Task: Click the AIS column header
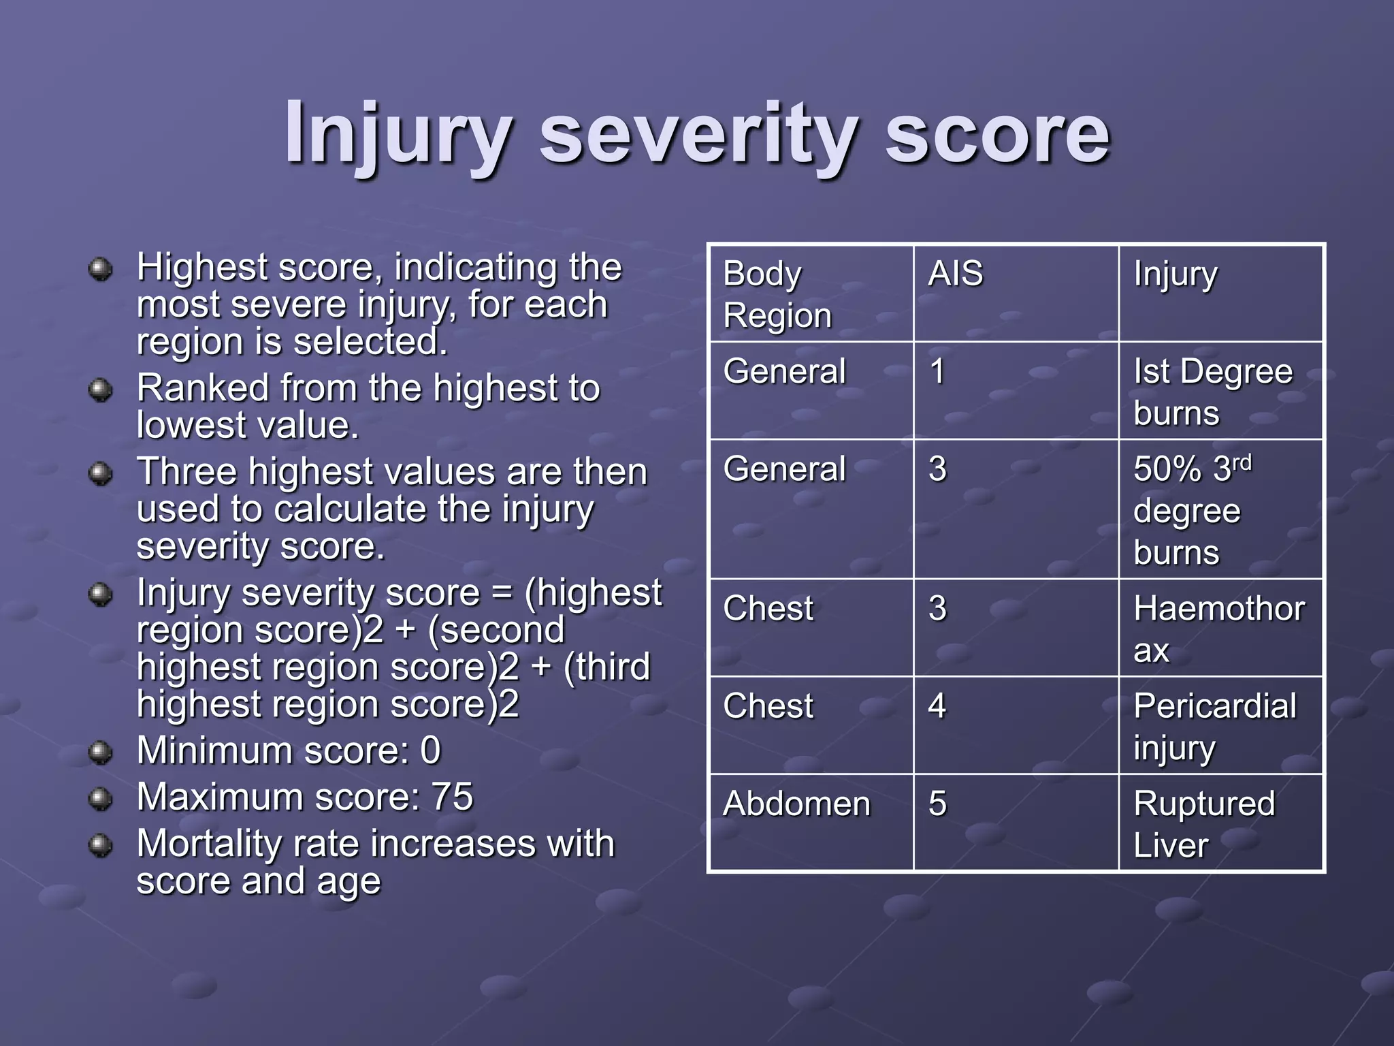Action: click(x=955, y=274)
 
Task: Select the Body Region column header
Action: click(x=777, y=294)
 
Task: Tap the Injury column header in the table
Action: click(x=1175, y=274)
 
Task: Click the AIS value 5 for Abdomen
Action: click(x=937, y=804)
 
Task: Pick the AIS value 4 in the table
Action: click(x=937, y=706)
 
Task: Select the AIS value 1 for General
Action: click(x=937, y=372)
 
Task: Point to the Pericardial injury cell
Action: click(x=1214, y=726)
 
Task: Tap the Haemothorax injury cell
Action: click(x=1218, y=629)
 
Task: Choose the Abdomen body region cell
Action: click(x=796, y=804)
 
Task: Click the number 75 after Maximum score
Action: click(x=452, y=797)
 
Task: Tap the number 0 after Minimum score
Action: click(x=430, y=750)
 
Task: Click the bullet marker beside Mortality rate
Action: click(x=101, y=845)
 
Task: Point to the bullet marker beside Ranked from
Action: click(x=101, y=390)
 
